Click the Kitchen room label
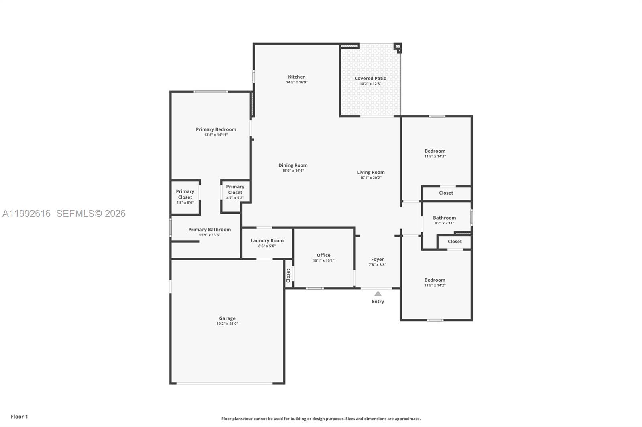tap(297, 77)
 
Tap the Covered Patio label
tap(370, 79)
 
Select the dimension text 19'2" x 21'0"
tap(227, 324)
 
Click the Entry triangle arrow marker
tap(378, 294)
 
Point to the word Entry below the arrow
tap(378, 302)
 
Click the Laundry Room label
tap(267, 241)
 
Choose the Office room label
tap(323, 255)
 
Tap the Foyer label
tap(377, 260)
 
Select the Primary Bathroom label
tap(209, 230)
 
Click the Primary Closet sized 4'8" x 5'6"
tap(185, 195)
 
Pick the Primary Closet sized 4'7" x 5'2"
tap(235, 190)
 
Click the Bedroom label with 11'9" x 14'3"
tap(435, 151)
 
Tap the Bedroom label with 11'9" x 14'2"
tap(435, 280)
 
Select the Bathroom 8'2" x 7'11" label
tap(444, 218)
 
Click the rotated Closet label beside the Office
tap(288, 275)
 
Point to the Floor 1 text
tap(19, 417)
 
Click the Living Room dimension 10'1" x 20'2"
tap(371, 178)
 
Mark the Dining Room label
tap(293, 165)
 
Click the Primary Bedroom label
tap(216, 129)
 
